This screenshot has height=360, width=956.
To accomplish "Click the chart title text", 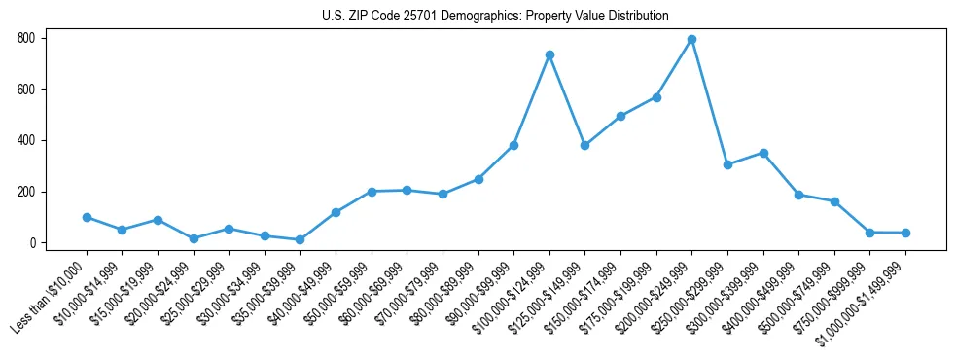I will point(495,16).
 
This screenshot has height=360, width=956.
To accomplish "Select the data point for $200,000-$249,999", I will point(691,40).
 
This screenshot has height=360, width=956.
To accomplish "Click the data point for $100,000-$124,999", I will point(549,54).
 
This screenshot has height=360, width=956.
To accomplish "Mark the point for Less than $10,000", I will point(87,217).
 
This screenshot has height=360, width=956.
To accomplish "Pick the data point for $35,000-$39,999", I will point(300,239).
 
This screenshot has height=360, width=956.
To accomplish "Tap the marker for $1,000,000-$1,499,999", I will point(905,233).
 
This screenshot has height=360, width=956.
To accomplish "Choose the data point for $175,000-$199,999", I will point(656,97).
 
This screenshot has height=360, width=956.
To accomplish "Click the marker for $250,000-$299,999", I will point(727,164).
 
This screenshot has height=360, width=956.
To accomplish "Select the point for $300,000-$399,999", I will point(763,153).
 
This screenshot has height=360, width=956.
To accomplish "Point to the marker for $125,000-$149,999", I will point(584,145).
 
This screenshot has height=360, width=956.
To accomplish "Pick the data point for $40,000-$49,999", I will point(336,212).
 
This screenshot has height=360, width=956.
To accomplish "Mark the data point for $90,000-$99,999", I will point(513,145).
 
